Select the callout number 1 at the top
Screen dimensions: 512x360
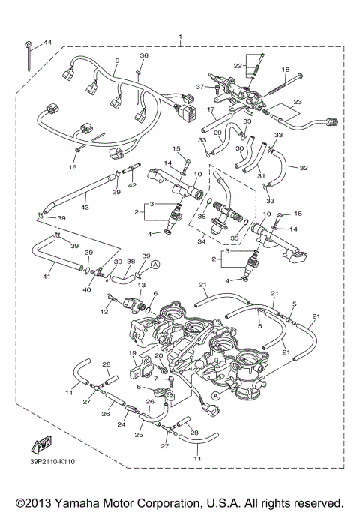(180, 37)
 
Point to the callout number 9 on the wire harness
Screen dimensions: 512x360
(117, 60)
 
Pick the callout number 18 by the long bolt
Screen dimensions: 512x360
(286, 69)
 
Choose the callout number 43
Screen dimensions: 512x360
(85, 208)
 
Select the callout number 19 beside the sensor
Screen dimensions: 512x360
(131, 352)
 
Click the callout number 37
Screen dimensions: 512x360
(199, 87)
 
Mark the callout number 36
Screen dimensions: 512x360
(144, 56)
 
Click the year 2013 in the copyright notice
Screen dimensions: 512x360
(36, 501)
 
